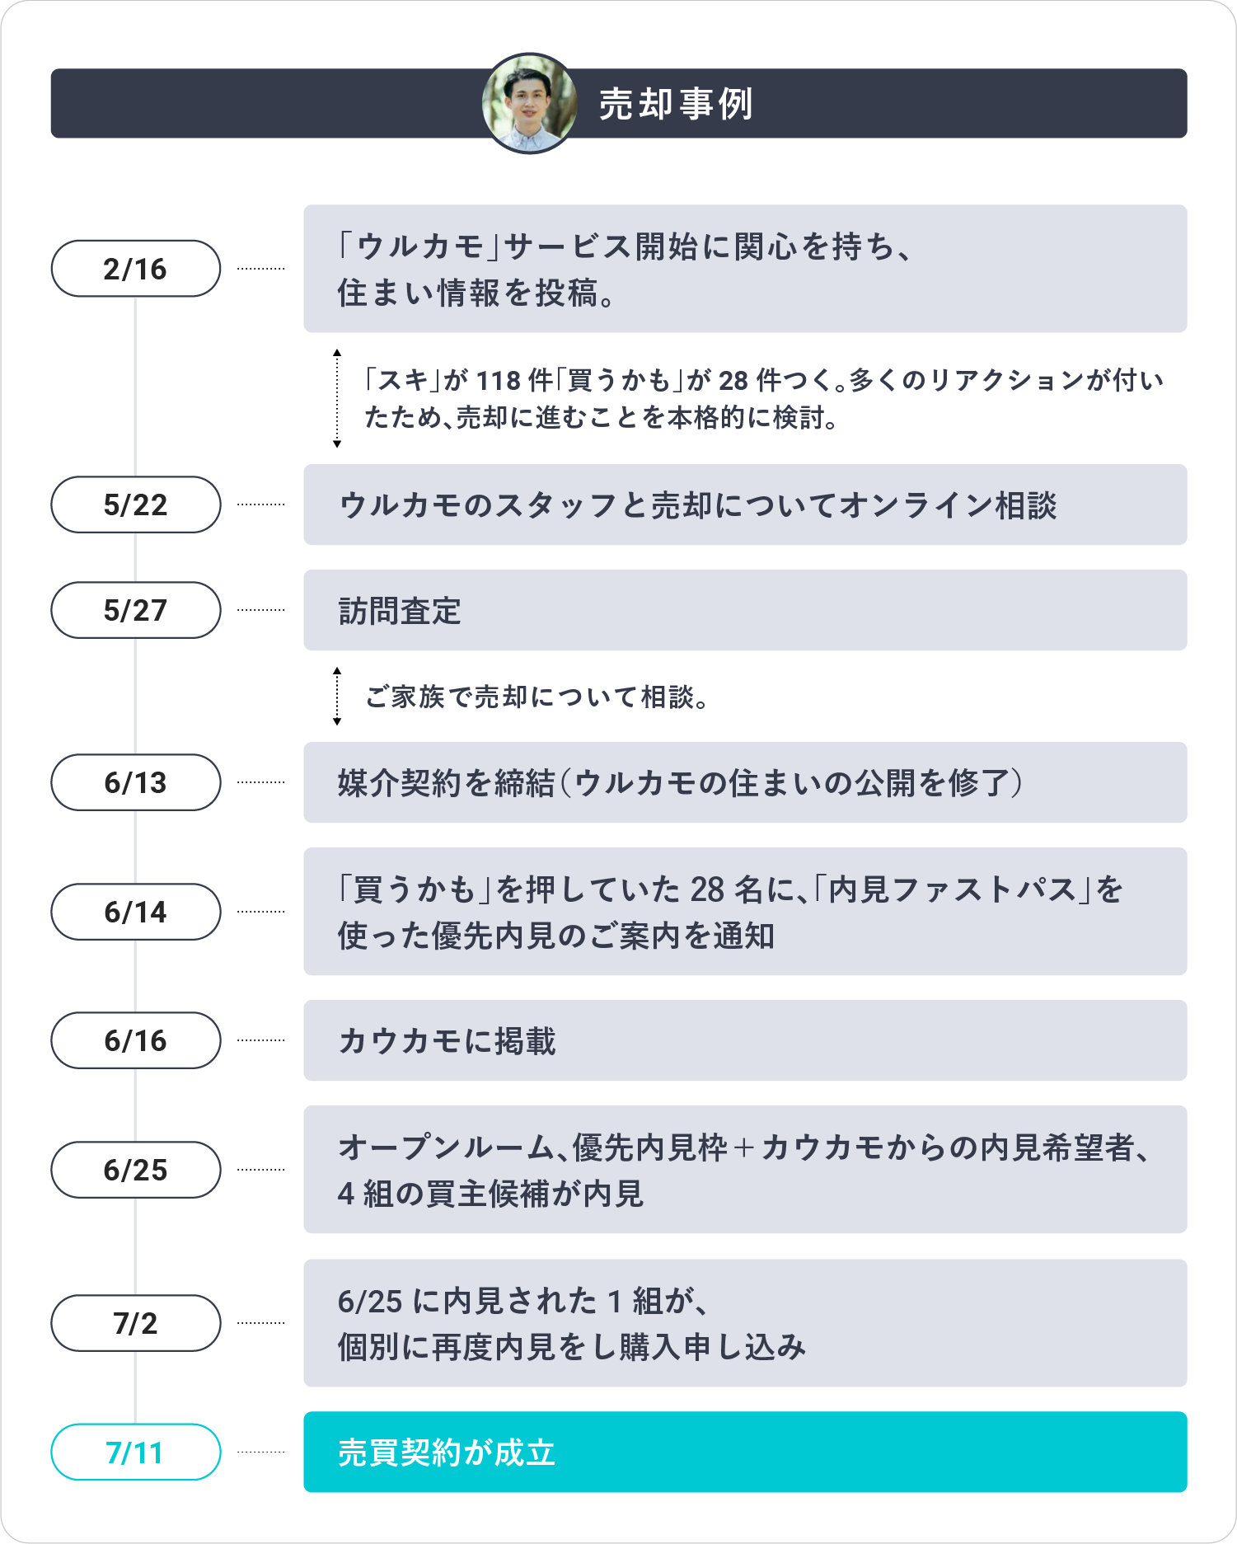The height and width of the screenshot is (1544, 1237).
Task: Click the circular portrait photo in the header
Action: [529, 104]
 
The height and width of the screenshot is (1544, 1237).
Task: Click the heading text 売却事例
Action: [676, 105]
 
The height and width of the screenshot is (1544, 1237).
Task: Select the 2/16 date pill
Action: [136, 269]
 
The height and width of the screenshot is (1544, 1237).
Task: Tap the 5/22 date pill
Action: [136, 504]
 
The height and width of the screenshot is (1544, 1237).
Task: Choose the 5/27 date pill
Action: [136, 610]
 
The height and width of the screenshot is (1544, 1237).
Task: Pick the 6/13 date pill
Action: [136, 782]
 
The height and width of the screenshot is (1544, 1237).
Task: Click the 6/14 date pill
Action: [136, 912]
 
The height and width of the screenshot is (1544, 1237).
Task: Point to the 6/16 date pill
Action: [136, 1040]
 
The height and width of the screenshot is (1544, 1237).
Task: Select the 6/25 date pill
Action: [136, 1170]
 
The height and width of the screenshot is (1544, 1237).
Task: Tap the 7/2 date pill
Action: [136, 1323]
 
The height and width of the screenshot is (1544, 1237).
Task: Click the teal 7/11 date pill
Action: [136, 1452]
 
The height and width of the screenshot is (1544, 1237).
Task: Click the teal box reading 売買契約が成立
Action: [745, 1452]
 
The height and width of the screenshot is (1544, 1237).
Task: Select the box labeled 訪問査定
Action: [745, 610]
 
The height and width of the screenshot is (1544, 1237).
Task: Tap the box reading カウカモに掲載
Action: [745, 1040]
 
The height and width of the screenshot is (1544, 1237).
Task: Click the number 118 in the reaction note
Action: [499, 381]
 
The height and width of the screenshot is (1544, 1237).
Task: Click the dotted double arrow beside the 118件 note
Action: [337, 399]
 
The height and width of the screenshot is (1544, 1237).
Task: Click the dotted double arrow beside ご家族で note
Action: [337, 697]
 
